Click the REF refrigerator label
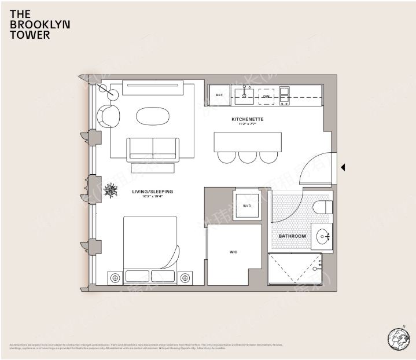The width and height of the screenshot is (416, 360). [220, 95]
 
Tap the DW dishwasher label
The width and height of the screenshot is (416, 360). [266, 97]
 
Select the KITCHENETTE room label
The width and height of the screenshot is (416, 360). [248, 119]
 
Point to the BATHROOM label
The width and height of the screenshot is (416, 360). [292, 236]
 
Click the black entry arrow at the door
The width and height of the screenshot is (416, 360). [343, 167]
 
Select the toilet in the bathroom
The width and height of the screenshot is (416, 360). [322, 207]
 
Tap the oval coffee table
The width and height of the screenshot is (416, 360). [153, 115]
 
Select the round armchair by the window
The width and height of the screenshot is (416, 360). [108, 116]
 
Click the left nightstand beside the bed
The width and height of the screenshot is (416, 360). [115, 278]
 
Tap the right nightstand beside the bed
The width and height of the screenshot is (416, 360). [185, 278]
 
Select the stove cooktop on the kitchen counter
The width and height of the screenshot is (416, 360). [284, 95]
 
